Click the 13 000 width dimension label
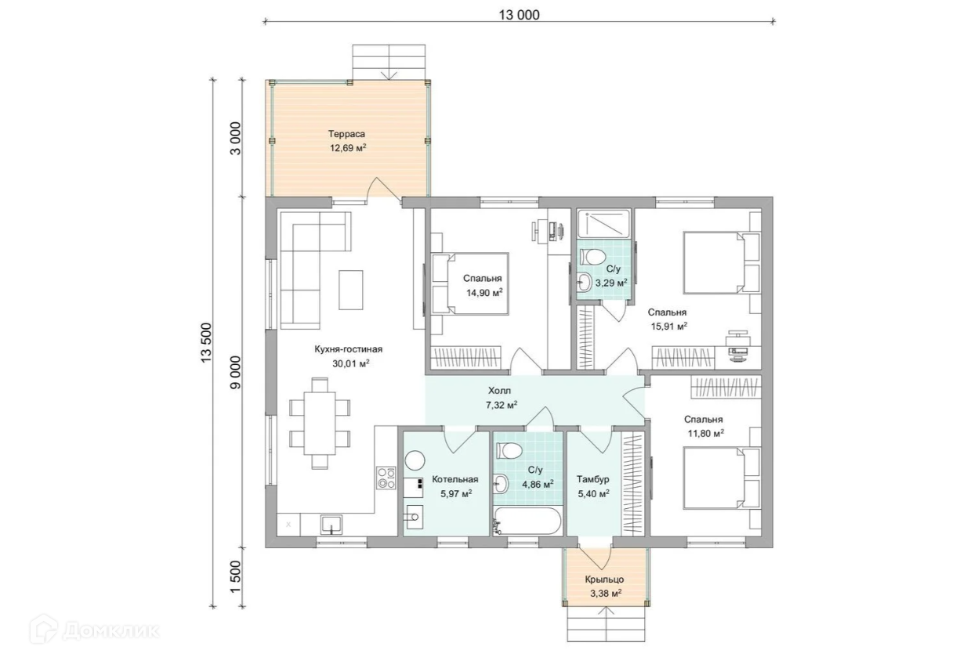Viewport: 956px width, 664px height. (519, 15)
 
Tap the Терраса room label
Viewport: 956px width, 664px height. (346, 134)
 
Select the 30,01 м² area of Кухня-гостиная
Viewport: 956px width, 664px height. (351, 363)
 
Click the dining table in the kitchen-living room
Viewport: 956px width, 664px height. (320, 424)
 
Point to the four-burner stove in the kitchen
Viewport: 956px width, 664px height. (386, 478)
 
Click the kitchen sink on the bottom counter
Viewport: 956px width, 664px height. (331, 524)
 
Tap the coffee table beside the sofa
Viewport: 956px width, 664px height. (351, 290)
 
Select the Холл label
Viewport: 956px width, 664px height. (499, 391)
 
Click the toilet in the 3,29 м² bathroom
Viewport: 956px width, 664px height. (595, 257)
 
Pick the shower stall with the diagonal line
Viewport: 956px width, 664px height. (603, 223)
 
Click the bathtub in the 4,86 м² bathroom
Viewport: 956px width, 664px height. (527, 520)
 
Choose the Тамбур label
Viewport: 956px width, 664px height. (593, 479)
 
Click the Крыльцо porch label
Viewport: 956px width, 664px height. (604, 579)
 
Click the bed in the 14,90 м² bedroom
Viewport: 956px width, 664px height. (470, 284)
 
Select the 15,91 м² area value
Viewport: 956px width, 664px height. (668, 327)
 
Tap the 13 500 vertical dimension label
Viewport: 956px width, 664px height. (206, 343)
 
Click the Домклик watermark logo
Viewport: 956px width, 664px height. (95, 630)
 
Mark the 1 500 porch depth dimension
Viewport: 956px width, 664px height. (236, 576)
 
